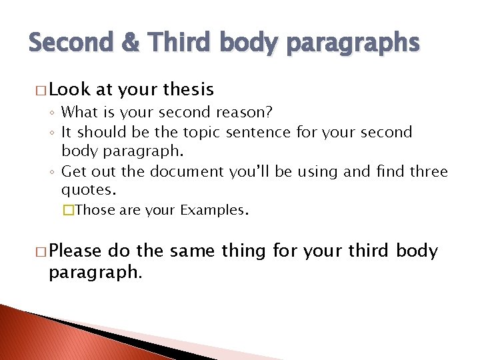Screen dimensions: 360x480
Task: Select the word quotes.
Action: click(x=89, y=189)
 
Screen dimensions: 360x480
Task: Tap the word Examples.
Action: click(x=213, y=211)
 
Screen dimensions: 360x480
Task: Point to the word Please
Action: click(x=76, y=251)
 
